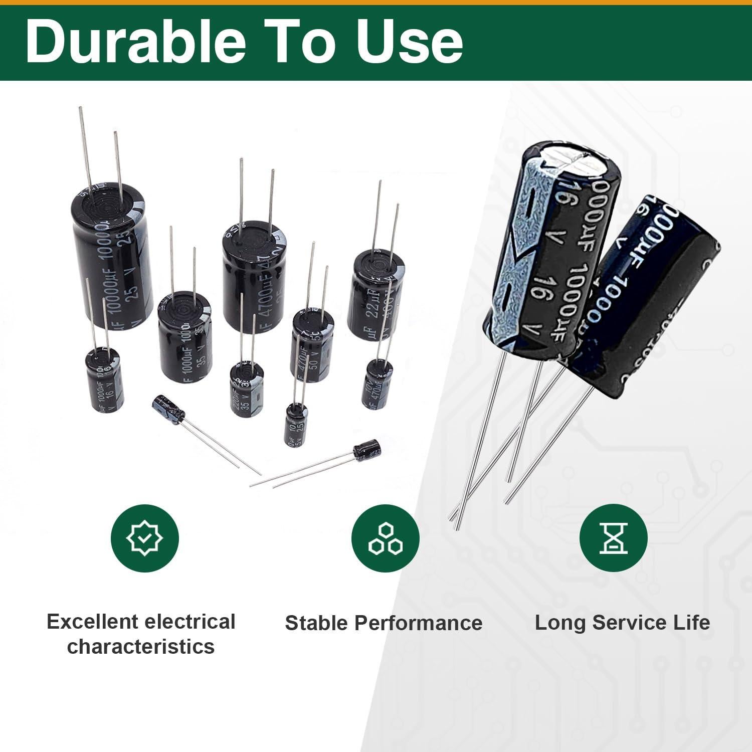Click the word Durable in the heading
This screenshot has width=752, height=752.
point(135,41)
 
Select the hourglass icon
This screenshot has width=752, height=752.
point(613,538)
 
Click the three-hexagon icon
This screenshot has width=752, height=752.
point(385,538)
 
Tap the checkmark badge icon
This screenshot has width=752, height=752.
point(144,538)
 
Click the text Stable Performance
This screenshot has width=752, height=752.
point(384,623)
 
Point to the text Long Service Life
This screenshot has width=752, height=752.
point(622,623)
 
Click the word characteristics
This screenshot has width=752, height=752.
point(141,647)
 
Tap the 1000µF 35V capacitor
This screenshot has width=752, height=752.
point(184,346)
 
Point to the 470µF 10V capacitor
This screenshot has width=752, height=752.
point(377,384)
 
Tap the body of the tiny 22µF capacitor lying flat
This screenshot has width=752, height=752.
point(366,448)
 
